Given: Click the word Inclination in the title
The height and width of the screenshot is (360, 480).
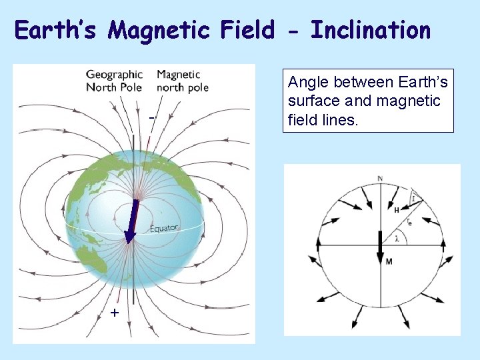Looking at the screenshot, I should pos(371,31).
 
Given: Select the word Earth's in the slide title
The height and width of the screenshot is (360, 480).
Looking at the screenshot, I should pos(57,31).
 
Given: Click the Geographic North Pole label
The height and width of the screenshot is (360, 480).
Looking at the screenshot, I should pos(114,81).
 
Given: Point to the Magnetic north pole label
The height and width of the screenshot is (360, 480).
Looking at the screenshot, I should pos(182,81).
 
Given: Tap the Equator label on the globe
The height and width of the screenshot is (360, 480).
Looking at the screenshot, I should pos(164,229).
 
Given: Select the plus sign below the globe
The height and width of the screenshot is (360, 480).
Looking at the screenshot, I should pos(115,313).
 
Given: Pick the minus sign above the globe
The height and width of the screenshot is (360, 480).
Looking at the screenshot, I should pos(152,117).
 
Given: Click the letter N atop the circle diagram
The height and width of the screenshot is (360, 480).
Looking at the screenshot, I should pos(380,179).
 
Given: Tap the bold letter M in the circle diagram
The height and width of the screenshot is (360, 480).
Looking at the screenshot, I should pos(389,261).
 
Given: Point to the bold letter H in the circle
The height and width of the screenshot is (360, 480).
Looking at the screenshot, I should pos(396,210).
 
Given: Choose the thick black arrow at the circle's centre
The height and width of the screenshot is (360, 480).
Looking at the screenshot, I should pos(380,247).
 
